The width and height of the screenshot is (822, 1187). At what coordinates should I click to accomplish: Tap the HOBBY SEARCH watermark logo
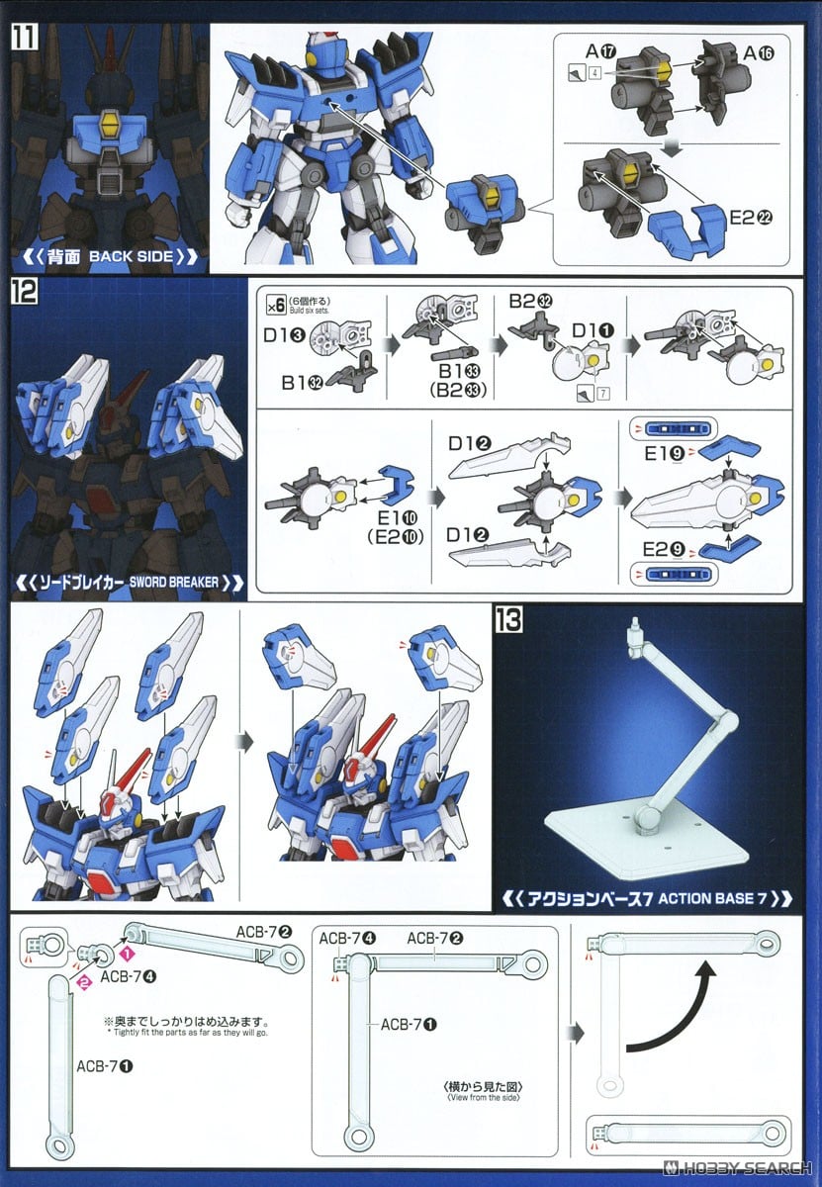click(750, 1169)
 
